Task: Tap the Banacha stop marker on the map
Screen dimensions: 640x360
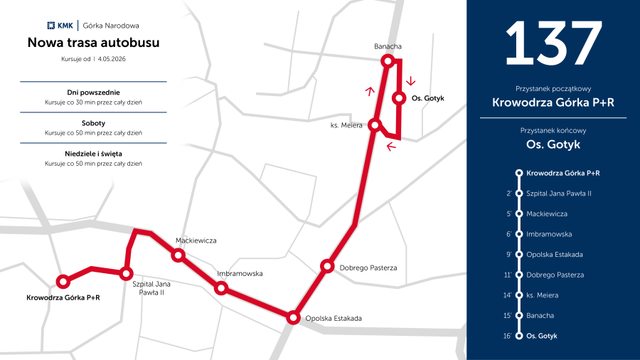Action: [388, 61]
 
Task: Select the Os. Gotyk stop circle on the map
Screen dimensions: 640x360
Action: [399, 98]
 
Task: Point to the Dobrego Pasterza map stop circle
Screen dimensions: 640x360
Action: [327, 266]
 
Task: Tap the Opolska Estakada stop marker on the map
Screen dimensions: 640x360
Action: [292, 318]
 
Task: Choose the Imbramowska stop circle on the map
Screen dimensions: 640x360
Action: [221, 288]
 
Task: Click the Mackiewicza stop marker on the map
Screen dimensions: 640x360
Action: [178, 255]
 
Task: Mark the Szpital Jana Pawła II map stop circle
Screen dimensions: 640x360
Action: [127, 273]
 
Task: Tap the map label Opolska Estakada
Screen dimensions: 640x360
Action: [333, 318]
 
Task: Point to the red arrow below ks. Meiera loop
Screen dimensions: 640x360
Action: [390, 147]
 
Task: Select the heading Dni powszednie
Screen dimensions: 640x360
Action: [93, 92]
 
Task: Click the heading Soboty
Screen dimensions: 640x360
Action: [93, 123]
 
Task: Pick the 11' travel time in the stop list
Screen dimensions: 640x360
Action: [508, 275]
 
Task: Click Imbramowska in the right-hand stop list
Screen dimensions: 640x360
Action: [549, 234]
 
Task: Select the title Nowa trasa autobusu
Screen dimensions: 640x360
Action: [93, 43]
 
